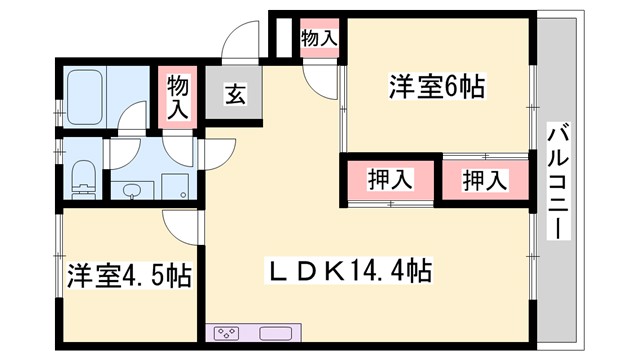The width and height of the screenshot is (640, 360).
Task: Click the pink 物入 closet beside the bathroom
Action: click(x=178, y=98)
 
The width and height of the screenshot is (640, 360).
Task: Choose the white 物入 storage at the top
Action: click(x=319, y=39)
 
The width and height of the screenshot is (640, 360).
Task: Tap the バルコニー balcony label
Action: click(x=557, y=181)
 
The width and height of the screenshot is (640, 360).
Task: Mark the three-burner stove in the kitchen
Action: click(x=227, y=333)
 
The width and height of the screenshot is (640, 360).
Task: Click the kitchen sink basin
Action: click(x=275, y=333)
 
